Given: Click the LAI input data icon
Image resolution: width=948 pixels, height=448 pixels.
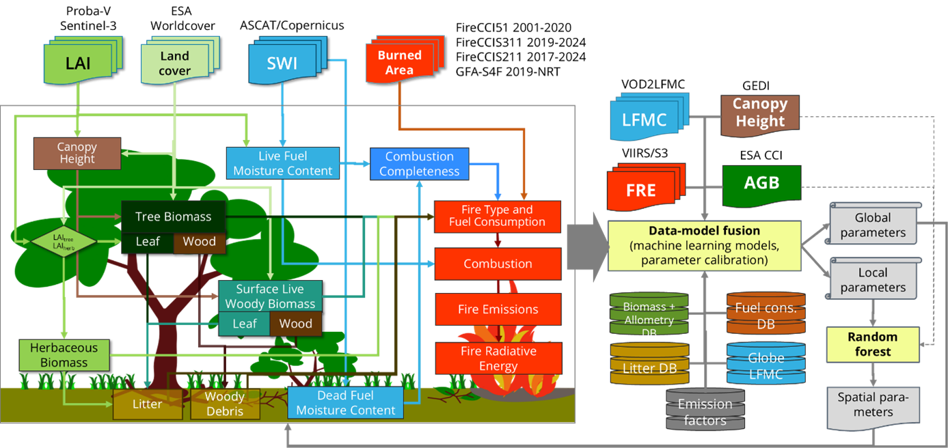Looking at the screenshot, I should [x=79, y=64].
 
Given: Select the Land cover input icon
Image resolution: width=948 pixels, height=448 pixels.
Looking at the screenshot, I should [x=175, y=63].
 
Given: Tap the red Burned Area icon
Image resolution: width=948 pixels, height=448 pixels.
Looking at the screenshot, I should [x=399, y=63].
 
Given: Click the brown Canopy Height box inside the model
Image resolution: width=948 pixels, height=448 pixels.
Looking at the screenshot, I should [x=77, y=153].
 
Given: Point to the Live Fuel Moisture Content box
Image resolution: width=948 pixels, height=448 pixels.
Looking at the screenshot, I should [x=282, y=163].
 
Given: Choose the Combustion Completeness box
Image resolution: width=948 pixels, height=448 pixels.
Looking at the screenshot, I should [x=419, y=164].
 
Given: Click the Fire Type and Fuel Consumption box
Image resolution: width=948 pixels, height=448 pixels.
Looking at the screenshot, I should [x=497, y=216].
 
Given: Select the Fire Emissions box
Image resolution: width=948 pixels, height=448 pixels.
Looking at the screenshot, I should [x=498, y=309].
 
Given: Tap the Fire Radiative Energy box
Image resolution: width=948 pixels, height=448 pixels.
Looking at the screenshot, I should [x=498, y=359].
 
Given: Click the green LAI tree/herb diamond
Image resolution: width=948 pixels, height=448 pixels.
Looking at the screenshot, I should [x=64, y=240].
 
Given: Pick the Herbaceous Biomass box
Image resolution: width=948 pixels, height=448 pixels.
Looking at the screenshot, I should [x=64, y=355].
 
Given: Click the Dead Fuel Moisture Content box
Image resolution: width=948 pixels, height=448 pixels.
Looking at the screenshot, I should [x=345, y=403].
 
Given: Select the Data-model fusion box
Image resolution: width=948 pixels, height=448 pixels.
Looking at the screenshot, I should [x=704, y=246].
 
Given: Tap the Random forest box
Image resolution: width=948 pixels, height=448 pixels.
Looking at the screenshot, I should [x=872, y=344].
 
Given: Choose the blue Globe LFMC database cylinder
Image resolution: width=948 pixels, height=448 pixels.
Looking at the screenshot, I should [x=766, y=363].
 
